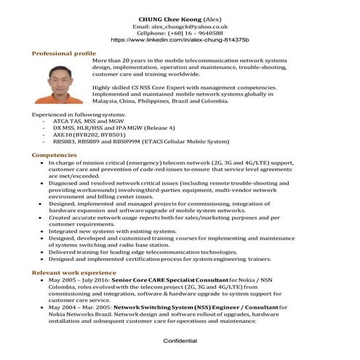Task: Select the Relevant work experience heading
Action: [x=73, y=272]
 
